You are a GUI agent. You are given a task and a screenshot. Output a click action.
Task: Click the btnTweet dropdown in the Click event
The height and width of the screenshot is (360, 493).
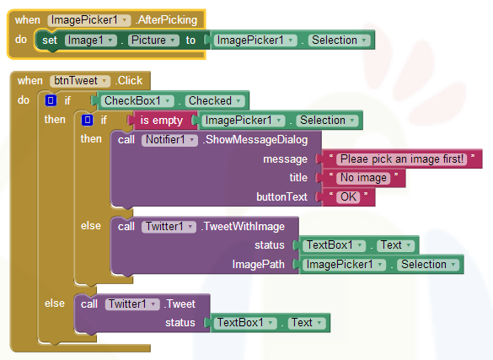coord(80,81)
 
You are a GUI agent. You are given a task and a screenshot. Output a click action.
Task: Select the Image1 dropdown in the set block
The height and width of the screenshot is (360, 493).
coord(90,40)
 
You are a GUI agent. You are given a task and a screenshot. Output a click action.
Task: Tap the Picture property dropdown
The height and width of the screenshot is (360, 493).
coord(153,40)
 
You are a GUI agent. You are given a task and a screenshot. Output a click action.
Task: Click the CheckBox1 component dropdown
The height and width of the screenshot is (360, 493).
coord(137,101)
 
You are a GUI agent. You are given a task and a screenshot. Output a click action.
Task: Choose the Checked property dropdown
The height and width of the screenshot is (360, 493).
coord(215,101)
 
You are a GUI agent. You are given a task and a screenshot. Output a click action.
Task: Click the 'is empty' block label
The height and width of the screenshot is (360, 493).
coord(161,121)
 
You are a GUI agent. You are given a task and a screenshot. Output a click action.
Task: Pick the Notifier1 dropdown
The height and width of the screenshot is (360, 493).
coord(169,140)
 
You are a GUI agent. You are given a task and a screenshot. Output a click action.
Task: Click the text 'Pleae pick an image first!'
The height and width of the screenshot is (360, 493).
coord(402,159)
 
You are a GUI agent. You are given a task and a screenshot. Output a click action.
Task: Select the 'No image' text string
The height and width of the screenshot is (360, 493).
coord(363,178)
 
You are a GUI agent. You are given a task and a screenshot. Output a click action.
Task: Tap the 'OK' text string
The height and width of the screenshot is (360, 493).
coord(348,197)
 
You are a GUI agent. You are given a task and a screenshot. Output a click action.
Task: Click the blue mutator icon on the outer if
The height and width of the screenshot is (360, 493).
coord(51,100)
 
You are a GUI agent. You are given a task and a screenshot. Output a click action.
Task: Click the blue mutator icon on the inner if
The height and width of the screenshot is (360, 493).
coord(87,120)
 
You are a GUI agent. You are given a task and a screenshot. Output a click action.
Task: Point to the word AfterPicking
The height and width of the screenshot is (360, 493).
coord(167,20)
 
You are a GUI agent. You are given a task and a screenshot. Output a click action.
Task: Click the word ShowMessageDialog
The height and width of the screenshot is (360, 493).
coord(255,140)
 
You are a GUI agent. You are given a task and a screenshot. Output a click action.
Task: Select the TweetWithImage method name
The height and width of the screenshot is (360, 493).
coord(243,227)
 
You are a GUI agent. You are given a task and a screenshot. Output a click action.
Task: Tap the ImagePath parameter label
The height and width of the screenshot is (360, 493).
coord(258,265)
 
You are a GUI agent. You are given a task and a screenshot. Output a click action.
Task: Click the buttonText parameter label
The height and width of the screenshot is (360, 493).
coord(281,196)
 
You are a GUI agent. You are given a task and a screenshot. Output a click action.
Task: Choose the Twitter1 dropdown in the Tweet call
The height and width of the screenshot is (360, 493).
coord(132,304)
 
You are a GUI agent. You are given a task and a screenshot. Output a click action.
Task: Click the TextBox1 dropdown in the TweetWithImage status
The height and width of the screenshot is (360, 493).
coord(334,245)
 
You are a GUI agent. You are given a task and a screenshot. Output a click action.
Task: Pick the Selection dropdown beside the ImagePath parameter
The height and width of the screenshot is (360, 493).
coord(428,265)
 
